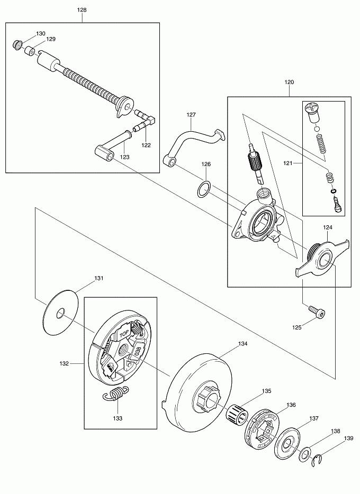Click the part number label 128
[82, 10]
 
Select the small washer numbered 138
[305, 453]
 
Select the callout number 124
[328, 227]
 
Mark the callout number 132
[79, 363]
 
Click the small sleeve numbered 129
[30, 52]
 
